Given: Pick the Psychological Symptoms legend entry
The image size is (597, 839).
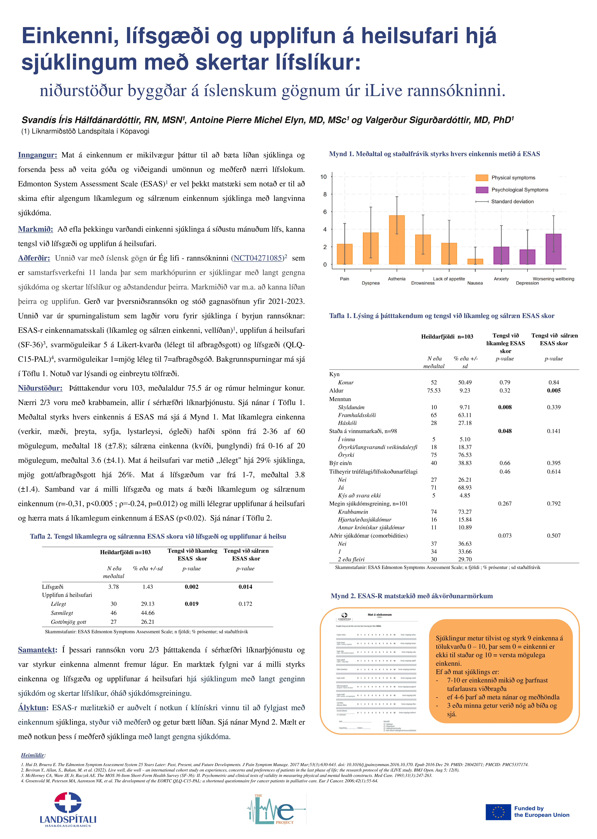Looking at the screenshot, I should pyautogui.click(x=512, y=190).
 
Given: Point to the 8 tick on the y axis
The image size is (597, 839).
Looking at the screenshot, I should pyautogui.click(x=325, y=194).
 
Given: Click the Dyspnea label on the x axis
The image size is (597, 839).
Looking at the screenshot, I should pyautogui.click(x=371, y=283).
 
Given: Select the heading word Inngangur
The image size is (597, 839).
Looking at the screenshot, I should pyautogui.click(x=37, y=155).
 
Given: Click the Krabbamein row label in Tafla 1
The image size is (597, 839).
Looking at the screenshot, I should pyautogui.click(x=353, y=512).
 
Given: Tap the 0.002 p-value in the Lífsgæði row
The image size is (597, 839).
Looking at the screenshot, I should pyautogui.click(x=192, y=587).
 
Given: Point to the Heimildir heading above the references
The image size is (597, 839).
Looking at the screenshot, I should pyautogui.click(x=33, y=755).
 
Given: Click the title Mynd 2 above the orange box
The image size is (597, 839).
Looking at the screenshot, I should pyautogui.click(x=412, y=596).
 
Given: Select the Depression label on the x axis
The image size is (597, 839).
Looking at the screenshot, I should pyautogui.click(x=527, y=283).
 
